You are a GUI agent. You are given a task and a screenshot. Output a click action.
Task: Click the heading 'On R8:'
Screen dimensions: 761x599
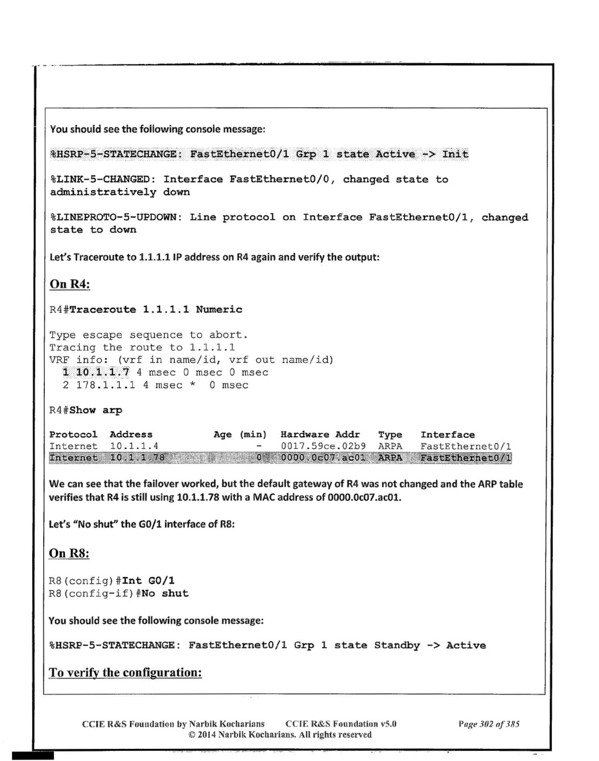[x=69, y=553]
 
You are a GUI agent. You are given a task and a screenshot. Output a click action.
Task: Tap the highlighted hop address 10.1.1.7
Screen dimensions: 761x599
[x=103, y=372]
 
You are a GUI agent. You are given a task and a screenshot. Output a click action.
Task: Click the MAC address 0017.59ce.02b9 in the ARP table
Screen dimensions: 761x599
[x=323, y=446]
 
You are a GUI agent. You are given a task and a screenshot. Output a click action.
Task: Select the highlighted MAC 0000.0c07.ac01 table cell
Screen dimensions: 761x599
[x=323, y=458]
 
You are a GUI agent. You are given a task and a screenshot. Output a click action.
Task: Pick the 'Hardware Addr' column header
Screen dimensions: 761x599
[x=320, y=435]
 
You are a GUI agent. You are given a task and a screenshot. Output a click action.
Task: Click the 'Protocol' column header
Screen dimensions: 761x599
[x=73, y=435]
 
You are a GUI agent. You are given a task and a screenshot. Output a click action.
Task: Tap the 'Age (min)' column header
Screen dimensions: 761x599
[x=240, y=435]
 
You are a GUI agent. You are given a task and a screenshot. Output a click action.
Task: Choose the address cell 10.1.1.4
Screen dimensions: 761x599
[x=134, y=446]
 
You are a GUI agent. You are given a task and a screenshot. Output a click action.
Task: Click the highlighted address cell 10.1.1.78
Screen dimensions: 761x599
[x=137, y=458]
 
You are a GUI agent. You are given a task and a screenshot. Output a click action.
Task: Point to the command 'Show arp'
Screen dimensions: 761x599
[x=96, y=410]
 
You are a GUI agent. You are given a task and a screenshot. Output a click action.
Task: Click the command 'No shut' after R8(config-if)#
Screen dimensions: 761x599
[x=165, y=593]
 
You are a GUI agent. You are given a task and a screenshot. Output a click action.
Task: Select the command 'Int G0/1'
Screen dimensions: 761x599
[x=148, y=581]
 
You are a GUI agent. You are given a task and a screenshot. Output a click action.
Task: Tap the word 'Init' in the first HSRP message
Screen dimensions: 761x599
[x=455, y=155]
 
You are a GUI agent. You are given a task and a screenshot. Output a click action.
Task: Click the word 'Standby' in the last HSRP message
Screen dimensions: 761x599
[x=397, y=645]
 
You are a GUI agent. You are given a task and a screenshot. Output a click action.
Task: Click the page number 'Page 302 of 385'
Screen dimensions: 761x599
[x=489, y=724]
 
